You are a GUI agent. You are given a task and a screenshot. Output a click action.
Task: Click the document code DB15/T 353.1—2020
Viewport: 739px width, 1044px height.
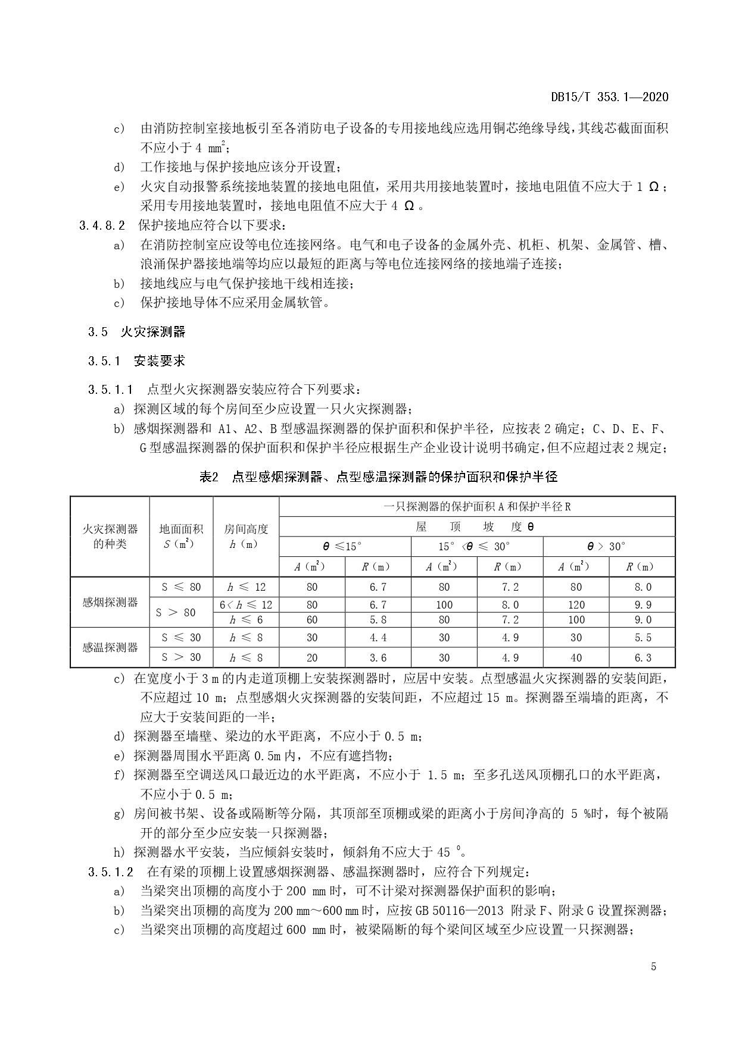pyautogui.click(x=610, y=97)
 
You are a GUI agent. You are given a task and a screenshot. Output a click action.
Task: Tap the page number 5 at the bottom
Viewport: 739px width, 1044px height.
pyautogui.click(x=653, y=967)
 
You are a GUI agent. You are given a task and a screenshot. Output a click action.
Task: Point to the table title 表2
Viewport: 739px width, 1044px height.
pyautogui.click(x=209, y=476)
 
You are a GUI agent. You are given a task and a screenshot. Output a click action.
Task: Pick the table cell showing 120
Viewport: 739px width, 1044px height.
pyautogui.click(x=576, y=605)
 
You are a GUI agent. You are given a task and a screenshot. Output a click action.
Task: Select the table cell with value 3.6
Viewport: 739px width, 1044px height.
pyautogui.click(x=378, y=657)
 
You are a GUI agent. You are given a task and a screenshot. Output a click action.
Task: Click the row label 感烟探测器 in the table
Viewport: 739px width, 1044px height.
pyautogui.click(x=110, y=602)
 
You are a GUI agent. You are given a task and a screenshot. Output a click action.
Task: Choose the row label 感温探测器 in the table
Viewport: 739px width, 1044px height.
pyautogui.click(x=110, y=647)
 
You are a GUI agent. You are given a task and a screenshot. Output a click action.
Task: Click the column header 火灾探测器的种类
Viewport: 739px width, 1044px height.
pyautogui.click(x=110, y=536)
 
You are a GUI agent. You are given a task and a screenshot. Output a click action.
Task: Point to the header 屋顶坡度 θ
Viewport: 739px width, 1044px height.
pyautogui.click(x=476, y=527)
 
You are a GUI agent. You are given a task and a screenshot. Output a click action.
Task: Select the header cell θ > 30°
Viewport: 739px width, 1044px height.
pyautogui.click(x=609, y=547)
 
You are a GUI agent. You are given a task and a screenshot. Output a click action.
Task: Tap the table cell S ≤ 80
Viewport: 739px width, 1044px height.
pyautogui.click(x=181, y=587)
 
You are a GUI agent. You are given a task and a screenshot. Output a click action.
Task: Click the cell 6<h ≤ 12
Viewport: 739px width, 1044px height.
pyautogui.click(x=246, y=605)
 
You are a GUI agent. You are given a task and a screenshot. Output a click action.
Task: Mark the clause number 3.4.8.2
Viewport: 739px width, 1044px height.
pyautogui.click(x=102, y=226)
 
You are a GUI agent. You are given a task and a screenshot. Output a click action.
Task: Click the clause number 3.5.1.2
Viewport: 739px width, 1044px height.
pyautogui.click(x=110, y=872)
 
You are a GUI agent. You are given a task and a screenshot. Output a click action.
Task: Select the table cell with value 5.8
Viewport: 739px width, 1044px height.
pyautogui.click(x=378, y=620)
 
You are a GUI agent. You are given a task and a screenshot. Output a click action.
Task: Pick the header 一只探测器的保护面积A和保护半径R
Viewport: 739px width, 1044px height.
pyautogui.click(x=476, y=507)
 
